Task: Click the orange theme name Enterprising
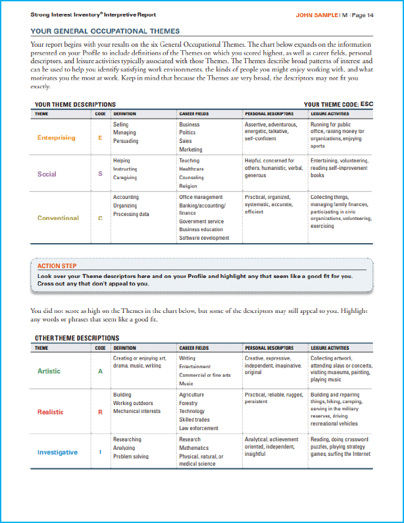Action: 56,138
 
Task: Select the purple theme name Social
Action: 47,174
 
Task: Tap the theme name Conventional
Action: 58,218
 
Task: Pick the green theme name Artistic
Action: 49,371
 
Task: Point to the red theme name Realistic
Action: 51,412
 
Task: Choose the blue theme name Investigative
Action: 57,453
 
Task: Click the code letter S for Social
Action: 100,174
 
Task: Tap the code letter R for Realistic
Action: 100,412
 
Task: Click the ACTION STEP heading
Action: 57,266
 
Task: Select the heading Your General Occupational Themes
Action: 105,31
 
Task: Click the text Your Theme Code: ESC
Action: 338,104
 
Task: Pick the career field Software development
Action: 204,238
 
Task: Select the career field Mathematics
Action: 194,448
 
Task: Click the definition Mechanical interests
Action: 137,411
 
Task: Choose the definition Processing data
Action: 131,214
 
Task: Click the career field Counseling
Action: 191,178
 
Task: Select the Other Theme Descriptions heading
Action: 76,338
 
